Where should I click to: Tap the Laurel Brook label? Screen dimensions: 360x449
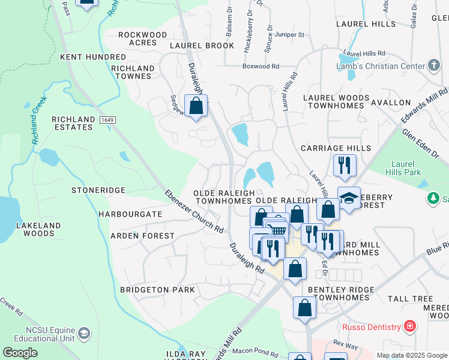click(x=202, y=46)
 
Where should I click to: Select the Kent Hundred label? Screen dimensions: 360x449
click(x=93, y=57)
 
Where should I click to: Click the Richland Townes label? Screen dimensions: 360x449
click(x=132, y=72)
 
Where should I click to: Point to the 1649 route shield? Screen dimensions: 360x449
click(x=107, y=120)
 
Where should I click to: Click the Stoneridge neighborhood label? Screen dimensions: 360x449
click(x=98, y=190)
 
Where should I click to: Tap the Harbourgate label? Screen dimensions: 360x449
click(x=130, y=214)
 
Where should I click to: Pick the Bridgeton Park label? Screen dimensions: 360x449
click(x=157, y=290)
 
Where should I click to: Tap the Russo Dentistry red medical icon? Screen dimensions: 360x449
click(x=409, y=326)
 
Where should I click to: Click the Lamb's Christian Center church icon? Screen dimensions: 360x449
click(x=434, y=65)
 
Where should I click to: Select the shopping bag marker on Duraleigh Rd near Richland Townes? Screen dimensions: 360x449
click(x=196, y=106)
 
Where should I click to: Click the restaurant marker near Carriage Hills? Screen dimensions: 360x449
click(x=345, y=165)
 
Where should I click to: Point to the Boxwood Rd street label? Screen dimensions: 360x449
click(x=261, y=66)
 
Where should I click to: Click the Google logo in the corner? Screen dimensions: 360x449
click(x=20, y=353)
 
